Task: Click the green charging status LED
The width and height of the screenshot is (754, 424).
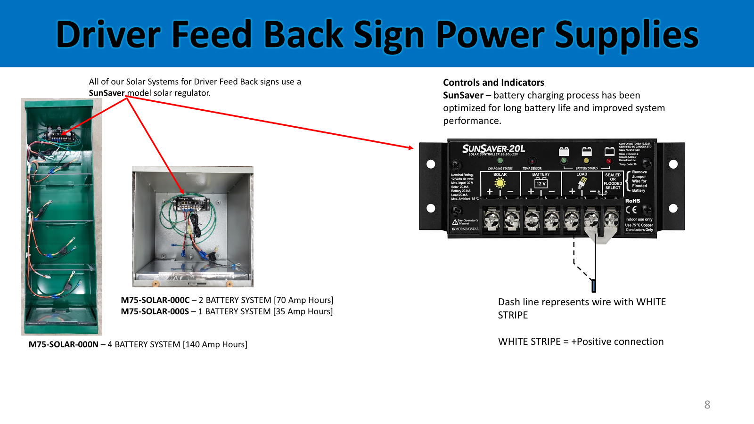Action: click(x=500, y=161)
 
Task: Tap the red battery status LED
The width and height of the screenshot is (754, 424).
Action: click(x=609, y=161)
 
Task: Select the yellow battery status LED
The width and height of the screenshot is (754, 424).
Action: click(x=587, y=161)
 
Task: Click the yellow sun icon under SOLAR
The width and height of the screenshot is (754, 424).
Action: click(x=500, y=183)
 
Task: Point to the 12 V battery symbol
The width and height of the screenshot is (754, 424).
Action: click(x=541, y=183)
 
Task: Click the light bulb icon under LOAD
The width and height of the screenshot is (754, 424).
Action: click(x=582, y=183)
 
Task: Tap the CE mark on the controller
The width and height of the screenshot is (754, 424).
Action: click(x=631, y=210)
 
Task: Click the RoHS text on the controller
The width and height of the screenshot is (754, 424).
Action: click(x=632, y=201)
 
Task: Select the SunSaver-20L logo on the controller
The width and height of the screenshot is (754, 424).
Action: click(x=493, y=149)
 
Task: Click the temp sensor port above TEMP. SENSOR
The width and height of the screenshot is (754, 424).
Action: click(x=532, y=161)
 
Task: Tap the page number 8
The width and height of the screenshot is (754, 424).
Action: click(x=707, y=405)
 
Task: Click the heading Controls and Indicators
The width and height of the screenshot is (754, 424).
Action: click(x=493, y=82)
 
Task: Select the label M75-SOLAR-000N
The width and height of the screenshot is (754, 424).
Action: click(x=64, y=344)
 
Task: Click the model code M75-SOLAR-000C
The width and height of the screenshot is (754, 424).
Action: click(x=155, y=300)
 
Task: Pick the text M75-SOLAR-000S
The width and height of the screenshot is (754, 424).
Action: click(x=155, y=311)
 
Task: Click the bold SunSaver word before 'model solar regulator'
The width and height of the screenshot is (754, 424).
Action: click(x=107, y=93)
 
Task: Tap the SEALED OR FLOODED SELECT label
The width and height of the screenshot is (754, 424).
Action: click(x=613, y=181)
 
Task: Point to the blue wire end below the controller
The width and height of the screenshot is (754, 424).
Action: click(x=594, y=285)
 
